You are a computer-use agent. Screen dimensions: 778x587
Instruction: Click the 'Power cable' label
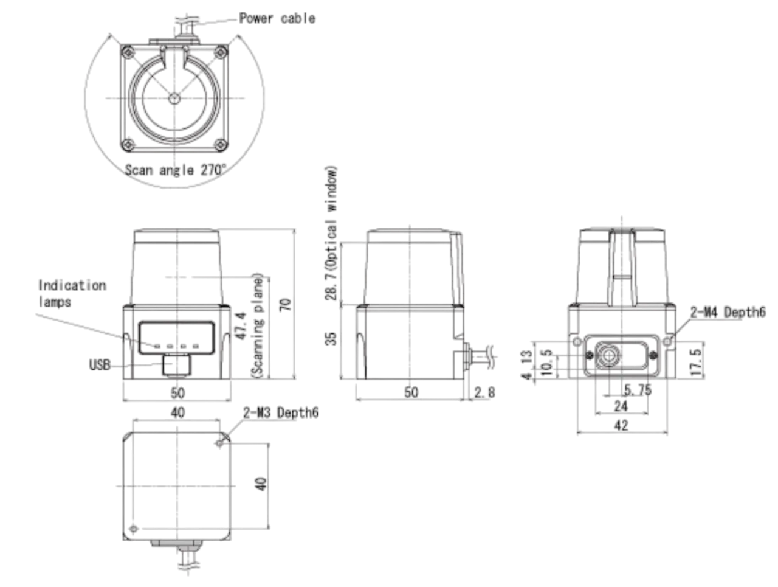(277, 18)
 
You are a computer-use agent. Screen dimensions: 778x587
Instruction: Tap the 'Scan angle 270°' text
(176, 170)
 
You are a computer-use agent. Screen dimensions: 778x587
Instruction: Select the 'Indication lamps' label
(72, 293)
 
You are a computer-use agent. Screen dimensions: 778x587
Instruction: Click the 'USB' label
(100, 364)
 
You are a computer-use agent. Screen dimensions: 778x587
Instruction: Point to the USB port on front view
(176, 366)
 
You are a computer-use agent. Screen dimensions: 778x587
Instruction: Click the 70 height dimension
(285, 305)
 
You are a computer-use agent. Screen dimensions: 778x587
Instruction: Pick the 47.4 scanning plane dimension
(241, 326)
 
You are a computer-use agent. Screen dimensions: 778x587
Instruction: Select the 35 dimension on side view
(331, 338)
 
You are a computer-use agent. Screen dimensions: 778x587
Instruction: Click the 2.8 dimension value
(484, 392)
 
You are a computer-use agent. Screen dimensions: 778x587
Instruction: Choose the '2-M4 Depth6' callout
(728, 312)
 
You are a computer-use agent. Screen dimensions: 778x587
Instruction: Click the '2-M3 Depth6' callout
(281, 412)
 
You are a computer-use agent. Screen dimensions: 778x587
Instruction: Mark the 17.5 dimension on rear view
(696, 362)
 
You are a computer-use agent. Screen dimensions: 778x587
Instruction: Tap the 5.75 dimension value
(637, 390)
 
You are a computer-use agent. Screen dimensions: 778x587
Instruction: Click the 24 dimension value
(621, 406)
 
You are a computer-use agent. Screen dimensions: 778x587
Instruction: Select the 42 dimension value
(621, 425)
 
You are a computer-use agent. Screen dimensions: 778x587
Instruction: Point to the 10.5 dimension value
(547, 363)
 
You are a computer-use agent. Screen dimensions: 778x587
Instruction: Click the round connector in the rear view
(608, 355)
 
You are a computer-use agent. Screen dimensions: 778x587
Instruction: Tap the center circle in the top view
(174, 99)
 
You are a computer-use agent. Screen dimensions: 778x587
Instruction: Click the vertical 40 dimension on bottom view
(261, 484)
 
